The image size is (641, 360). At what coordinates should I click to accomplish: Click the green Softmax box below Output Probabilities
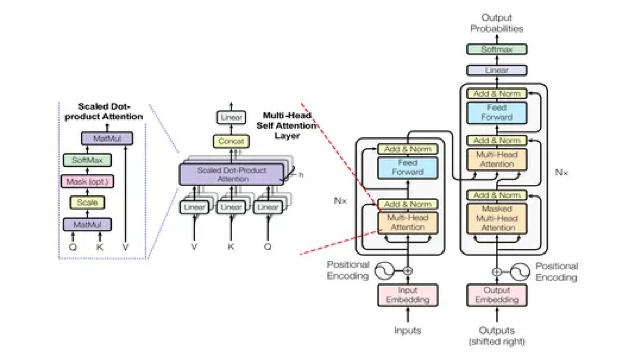point(497,49)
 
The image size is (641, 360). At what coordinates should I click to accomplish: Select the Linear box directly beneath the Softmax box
point(497,70)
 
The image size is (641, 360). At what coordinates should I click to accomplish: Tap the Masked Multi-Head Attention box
point(497,218)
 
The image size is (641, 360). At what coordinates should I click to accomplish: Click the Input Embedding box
point(408,295)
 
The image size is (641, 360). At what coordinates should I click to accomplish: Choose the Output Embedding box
point(497,295)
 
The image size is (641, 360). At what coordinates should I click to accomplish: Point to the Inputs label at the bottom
point(408,330)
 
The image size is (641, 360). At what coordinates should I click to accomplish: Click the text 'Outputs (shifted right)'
point(497,336)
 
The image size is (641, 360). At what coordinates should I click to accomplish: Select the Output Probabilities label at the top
point(497,23)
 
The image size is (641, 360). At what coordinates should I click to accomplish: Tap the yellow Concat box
point(231,141)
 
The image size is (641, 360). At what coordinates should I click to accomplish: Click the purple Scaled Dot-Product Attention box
point(232,174)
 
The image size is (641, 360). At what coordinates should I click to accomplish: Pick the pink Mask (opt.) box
point(87,181)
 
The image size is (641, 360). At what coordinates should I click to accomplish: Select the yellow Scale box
point(87,202)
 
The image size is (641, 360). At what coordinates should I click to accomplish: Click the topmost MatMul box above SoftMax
point(107,138)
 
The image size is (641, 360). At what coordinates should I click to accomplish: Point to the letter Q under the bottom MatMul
point(73,247)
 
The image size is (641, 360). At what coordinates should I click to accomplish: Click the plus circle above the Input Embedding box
point(408,271)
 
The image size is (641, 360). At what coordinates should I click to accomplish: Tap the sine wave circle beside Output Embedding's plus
point(520,272)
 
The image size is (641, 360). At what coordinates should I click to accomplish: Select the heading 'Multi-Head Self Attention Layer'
point(287,125)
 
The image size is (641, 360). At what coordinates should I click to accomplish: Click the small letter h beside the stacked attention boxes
point(301,174)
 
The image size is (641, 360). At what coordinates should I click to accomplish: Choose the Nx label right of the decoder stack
point(561,172)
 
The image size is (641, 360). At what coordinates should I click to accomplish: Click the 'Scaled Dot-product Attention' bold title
point(103,111)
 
